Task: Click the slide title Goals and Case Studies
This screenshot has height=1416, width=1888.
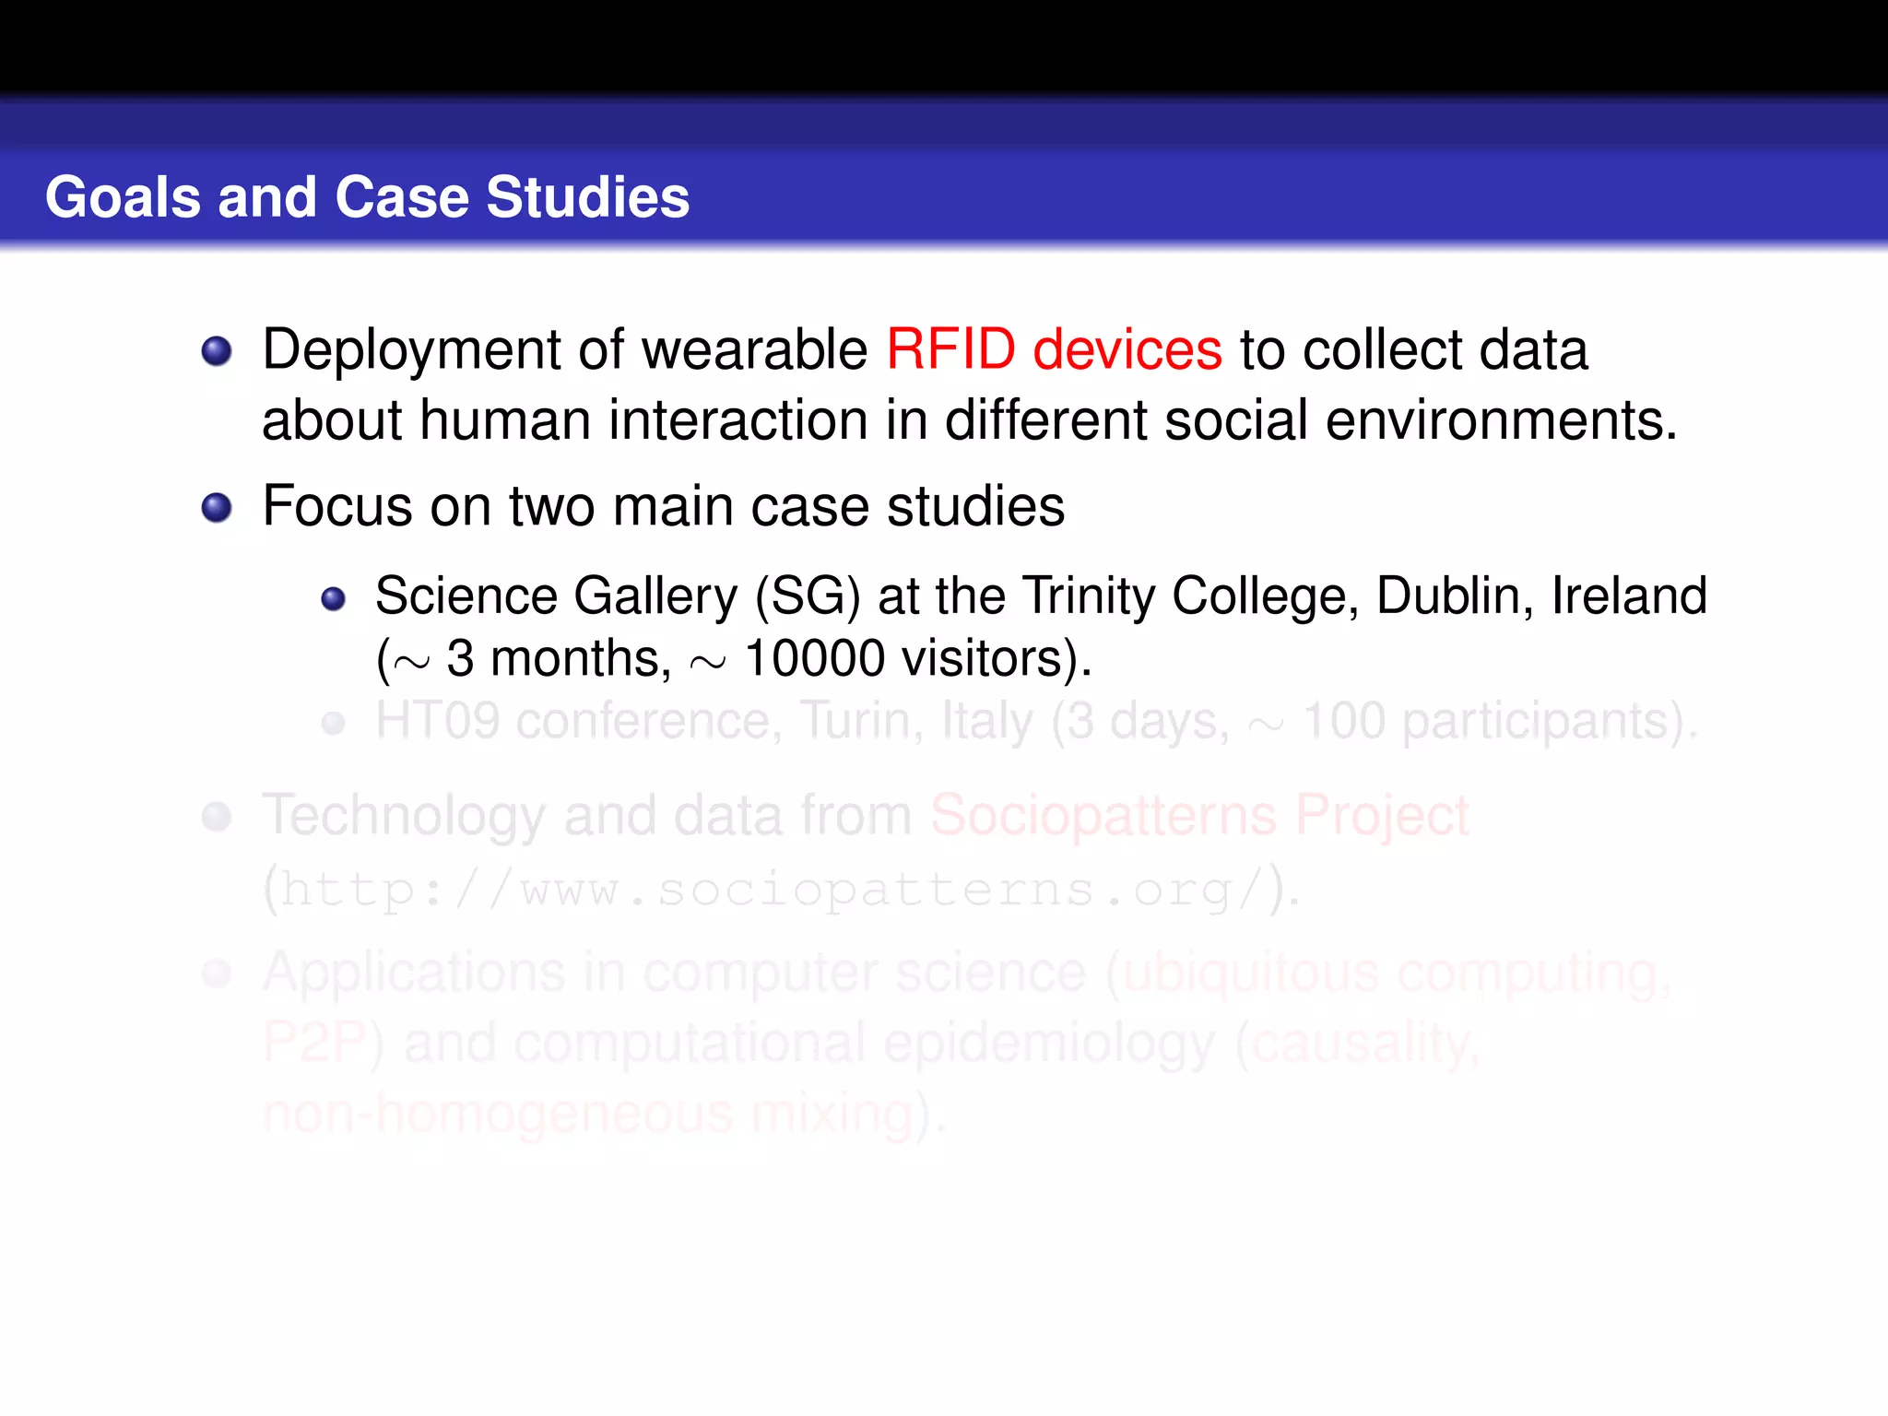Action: coord(367,197)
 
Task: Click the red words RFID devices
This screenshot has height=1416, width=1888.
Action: coord(1054,350)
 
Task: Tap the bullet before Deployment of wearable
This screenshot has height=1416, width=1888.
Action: coord(217,351)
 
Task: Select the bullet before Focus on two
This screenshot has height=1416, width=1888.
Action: coord(217,508)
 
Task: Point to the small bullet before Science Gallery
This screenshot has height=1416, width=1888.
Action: coord(333,599)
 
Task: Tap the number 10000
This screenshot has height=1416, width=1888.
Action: coord(814,659)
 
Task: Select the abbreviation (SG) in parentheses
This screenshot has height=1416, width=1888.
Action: coord(808,596)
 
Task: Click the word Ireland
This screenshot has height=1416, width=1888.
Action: coord(1629,596)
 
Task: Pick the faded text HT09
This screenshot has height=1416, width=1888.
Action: coord(437,722)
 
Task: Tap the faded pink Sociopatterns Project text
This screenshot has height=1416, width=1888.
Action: coord(1198,816)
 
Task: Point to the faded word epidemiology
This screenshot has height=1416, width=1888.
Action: coord(1048,1044)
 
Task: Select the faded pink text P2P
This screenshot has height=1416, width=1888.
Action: coord(314,1044)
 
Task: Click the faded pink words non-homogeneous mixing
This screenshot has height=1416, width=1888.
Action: coord(588,1114)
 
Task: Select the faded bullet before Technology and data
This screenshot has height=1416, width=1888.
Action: coord(217,817)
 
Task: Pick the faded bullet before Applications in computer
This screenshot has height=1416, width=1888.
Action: coord(217,973)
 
